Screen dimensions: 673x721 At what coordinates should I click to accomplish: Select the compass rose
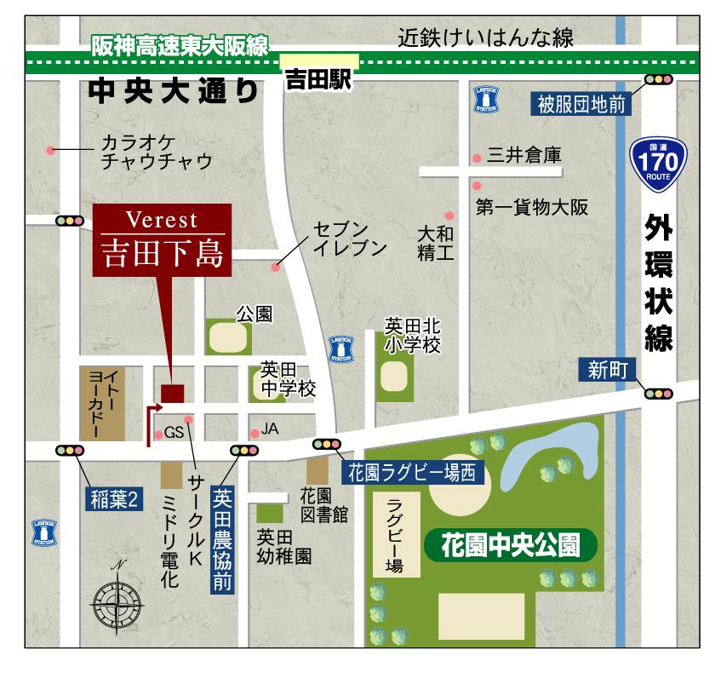pos(117,604)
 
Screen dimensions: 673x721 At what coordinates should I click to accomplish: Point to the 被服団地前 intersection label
pos(581,104)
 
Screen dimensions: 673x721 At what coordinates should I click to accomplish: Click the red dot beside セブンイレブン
pos(275,267)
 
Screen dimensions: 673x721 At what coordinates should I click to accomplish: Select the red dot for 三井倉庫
pos(477,158)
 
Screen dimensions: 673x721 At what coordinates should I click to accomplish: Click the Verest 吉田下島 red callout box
pos(162,241)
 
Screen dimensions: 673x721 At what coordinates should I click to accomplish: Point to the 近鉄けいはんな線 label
pos(486,38)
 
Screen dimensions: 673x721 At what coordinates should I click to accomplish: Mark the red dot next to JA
pos(254,432)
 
